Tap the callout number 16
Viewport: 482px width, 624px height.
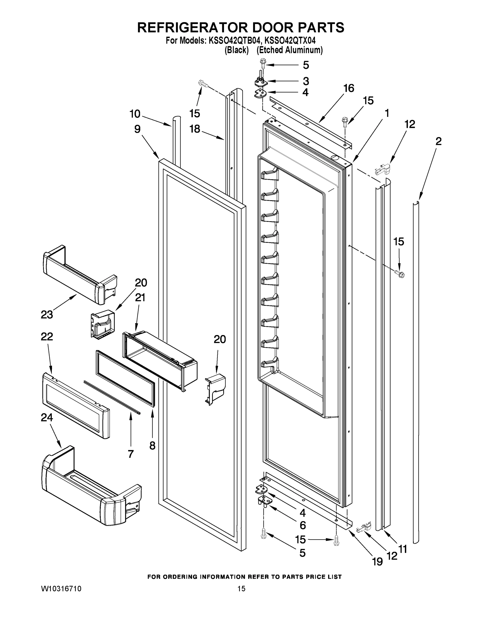click(349, 88)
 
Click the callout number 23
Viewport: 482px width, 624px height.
click(47, 315)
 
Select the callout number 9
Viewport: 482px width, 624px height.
click(137, 129)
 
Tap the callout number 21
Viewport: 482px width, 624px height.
click(140, 298)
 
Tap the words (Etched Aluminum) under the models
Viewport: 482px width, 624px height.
click(289, 50)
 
